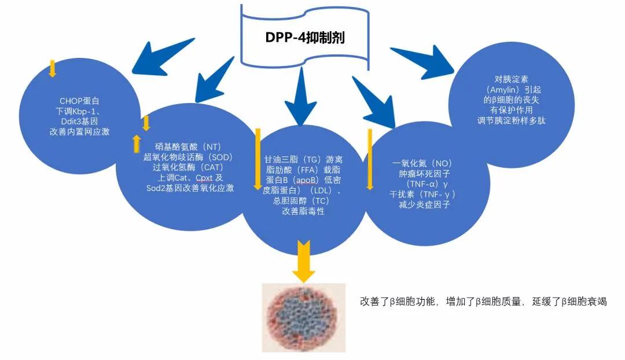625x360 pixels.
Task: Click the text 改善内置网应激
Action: tap(80, 131)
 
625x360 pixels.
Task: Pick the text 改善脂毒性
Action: tap(303, 211)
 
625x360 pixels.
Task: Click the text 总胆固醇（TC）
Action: tap(303, 201)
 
